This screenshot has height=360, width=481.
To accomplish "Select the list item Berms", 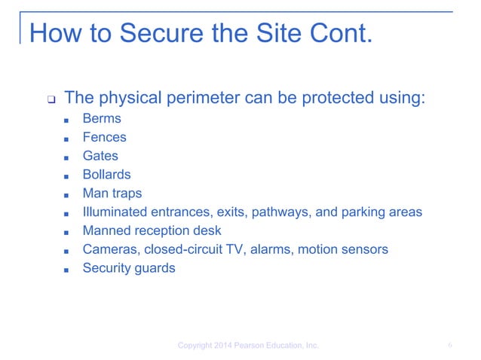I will [102, 119].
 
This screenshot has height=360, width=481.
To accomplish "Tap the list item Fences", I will [104, 138].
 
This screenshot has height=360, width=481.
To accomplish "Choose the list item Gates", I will [100, 156].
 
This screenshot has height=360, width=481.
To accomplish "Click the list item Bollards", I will [106, 175].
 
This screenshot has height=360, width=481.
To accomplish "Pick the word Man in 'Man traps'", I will [94, 194].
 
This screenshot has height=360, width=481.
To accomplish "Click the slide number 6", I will [449, 346].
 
